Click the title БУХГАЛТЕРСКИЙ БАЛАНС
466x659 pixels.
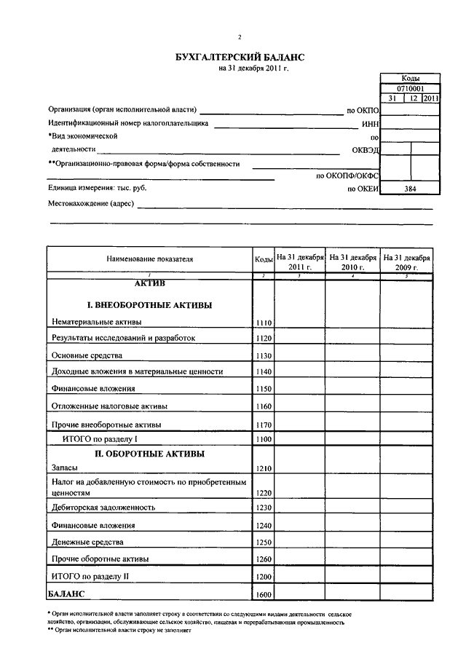coord(240,57)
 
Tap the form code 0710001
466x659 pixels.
coord(410,88)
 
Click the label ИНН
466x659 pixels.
coord(371,124)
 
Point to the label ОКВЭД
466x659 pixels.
coord(366,151)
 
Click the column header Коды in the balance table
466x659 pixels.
coord(263,259)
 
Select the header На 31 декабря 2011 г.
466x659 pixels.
coord(299,262)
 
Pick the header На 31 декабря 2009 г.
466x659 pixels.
coord(406,262)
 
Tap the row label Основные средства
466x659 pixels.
coord(87,355)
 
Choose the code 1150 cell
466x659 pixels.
coord(263,389)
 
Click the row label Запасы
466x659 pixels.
coord(65,468)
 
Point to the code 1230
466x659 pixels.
coord(263,508)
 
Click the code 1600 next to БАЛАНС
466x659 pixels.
coord(263,596)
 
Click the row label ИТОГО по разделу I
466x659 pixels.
coord(95,439)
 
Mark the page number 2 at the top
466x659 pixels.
coord(239,37)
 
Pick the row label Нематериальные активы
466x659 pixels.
coord(97,322)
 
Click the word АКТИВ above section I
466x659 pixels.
coord(150,283)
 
